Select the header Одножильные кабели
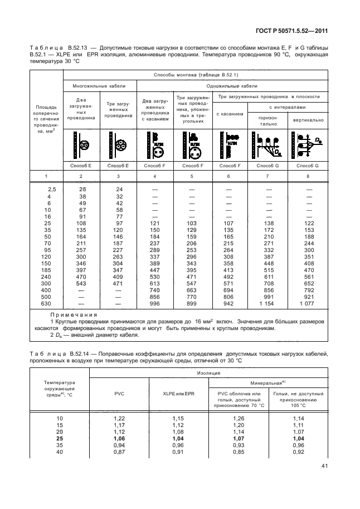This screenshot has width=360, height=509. coord(232,86)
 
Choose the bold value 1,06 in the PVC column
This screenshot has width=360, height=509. coord(119,439)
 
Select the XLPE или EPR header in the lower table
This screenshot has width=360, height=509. coord(178,395)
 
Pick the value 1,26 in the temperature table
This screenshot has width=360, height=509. coord(237,418)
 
